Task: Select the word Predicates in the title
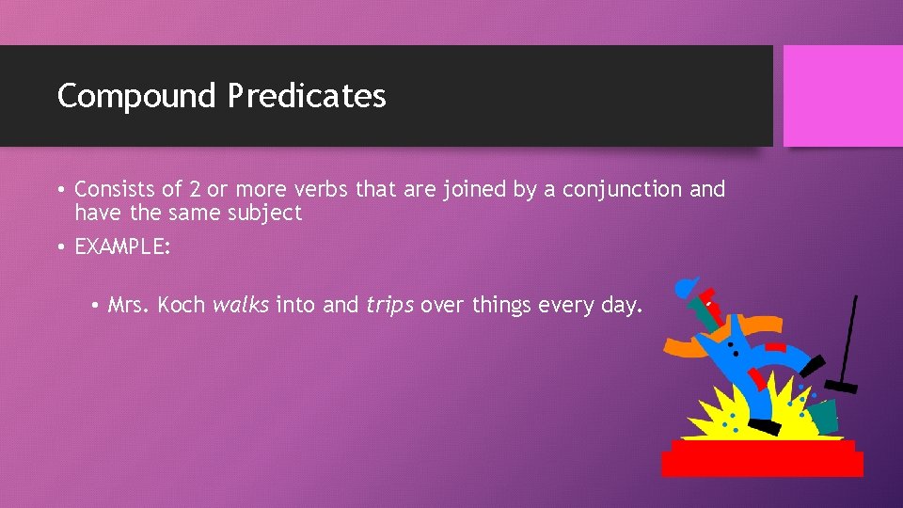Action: (x=306, y=96)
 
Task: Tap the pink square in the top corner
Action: (x=842, y=96)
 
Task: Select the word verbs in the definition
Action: (x=322, y=189)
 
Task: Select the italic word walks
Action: (x=241, y=305)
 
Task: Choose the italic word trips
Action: (x=389, y=306)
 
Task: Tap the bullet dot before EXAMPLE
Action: (x=60, y=247)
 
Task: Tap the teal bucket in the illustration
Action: (x=823, y=415)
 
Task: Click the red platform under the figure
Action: (x=762, y=458)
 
